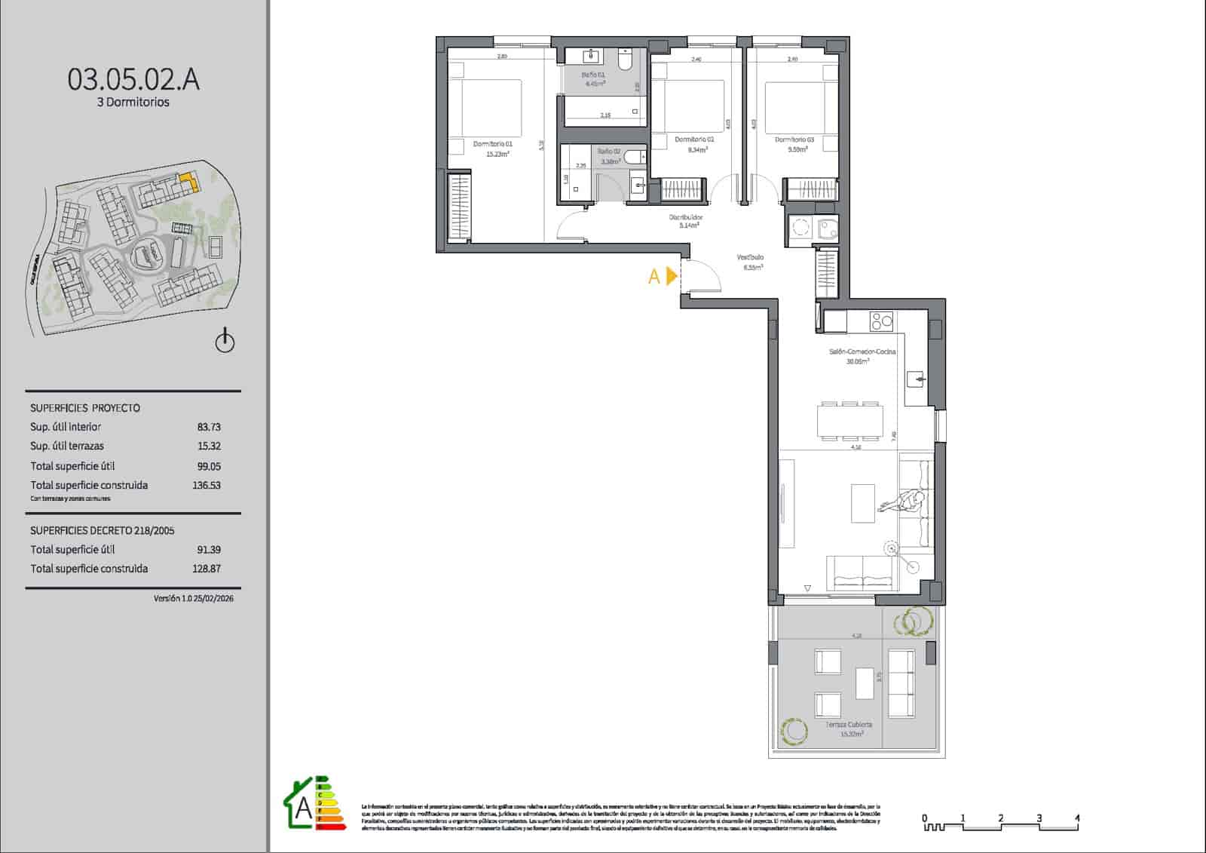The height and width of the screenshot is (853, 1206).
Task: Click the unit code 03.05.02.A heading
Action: pyautogui.click(x=133, y=79)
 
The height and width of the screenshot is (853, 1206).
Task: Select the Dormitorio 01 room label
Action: pyautogui.click(x=493, y=143)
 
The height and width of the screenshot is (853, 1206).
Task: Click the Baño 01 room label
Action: pyautogui.click(x=593, y=75)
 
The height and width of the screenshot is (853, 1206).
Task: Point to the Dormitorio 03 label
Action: pyautogui.click(x=794, y=140)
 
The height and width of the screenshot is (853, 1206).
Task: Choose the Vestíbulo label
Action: pyautogui.click(x=750, y=257)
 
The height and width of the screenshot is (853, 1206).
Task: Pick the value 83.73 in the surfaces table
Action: pyautogui.click(x=209, y=427)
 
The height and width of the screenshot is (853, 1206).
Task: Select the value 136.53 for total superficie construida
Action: pyautogui.click(x=206, y=486)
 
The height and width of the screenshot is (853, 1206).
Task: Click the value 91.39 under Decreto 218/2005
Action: pyautogui.click(x=209, y=550)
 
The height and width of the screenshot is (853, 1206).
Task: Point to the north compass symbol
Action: pyautogui.click(x=225, y=342)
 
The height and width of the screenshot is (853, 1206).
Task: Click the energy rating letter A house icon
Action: pyautogui.click(x=301, y=806)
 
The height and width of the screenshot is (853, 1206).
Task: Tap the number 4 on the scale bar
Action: pyautogui.click(x=1077, y=818)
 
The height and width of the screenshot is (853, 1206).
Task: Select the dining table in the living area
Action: pyautogui.click(x=849, y=421)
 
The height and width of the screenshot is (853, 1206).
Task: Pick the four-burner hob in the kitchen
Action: pyautogui.click(x=881, y=321)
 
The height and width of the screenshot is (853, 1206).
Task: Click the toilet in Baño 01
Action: pyautogui.click(x=625, y=59)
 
